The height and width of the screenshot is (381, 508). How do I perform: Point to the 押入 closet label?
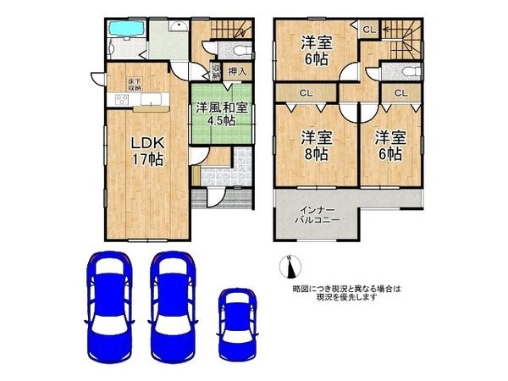tap(238, 71)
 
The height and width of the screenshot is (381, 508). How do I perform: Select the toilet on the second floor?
tap(405, 71)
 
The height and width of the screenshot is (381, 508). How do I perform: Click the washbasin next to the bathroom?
tap(178, 27)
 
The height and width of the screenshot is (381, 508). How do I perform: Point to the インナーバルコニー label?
tap(318, 214)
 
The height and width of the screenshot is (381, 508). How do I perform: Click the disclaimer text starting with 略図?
tap(347, 294)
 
